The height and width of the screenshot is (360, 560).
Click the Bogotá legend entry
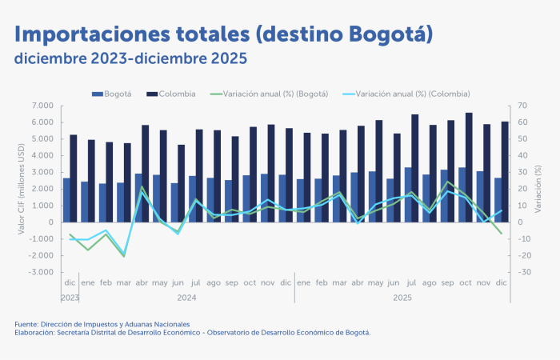click(112, 94)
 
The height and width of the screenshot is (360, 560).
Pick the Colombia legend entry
click(171, 94)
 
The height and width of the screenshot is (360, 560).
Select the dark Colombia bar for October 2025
click(469, 166)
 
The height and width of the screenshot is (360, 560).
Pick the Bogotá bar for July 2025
click(407, 194)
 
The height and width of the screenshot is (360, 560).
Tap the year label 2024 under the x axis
click(186, 297)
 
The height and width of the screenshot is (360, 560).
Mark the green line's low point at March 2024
click(123, 256)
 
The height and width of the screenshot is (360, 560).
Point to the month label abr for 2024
click(142, 283)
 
